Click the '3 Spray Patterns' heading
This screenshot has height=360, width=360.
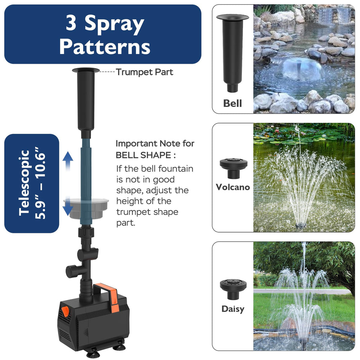(105, 35)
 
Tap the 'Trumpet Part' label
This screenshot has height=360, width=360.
(144, 72)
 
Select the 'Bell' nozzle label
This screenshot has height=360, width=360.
(233, 103)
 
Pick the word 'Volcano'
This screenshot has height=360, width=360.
(233, 187)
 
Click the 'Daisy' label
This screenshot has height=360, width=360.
(233, 309)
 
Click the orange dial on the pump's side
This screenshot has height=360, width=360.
(66, 311)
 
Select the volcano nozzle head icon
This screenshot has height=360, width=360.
(234, 168)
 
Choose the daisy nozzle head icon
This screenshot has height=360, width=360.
(233, 289)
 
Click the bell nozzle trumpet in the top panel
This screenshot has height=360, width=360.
(233, 53)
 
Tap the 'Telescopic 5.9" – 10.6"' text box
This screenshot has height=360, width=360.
(32, 183)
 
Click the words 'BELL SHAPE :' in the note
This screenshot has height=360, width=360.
(146, 156)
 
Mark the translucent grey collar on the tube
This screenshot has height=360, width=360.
(86, 208)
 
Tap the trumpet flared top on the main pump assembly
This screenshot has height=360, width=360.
(86, 71)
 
